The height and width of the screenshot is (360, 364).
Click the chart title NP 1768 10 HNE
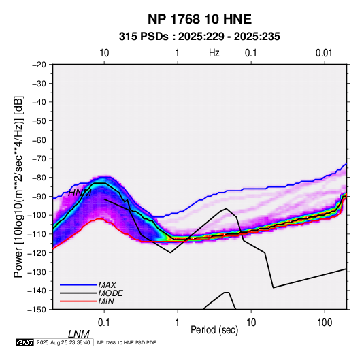(x=199, y=19)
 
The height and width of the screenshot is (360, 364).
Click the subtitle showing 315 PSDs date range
(x=199, y=37)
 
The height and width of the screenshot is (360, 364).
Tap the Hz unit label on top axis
(x=214, y=53)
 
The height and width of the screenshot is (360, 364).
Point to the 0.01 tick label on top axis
(x=324, y=53)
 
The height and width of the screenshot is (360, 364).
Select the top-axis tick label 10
(x=104, y=53)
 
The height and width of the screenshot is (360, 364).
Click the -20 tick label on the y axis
(x=39, y=65)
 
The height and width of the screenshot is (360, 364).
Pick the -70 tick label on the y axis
(x=39, y=159)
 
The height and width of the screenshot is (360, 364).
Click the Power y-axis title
(x=18, y=186)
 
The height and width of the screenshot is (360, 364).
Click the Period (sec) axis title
(x=214, y=330)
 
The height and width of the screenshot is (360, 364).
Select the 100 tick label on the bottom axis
(x=325, y=323)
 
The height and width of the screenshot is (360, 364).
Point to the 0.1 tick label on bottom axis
(x=103, y=323)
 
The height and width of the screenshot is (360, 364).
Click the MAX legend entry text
(x=107, y=285)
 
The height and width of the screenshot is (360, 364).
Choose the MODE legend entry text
(x=110, y=293)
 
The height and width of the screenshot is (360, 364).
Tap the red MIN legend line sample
(x=78, y=301)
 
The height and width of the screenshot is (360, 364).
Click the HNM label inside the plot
(x=80, y=193)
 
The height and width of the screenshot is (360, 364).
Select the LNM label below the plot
(x=78, y=334)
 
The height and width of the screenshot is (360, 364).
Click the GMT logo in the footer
(x=24, y=342)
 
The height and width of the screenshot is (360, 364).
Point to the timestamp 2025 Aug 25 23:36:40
(x=63, y=342)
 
